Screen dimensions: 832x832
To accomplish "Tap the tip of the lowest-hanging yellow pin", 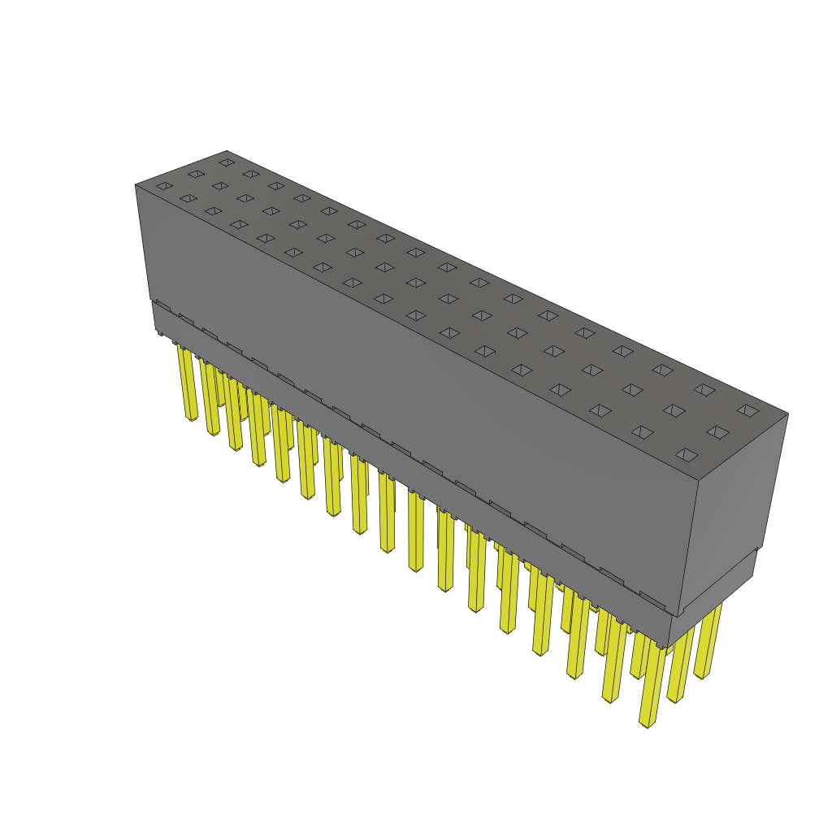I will tap(648, 721).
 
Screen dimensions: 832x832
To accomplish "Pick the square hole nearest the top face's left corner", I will tap(164, 186).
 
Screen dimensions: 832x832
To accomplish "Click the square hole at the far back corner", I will tap(226, 162).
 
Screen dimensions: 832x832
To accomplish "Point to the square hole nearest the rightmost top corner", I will tap(747, 410).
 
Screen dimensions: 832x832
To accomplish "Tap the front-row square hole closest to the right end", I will tap(687, 454).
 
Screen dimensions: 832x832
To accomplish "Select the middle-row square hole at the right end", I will tap(717, 431).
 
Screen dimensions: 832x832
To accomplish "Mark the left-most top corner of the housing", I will tap(136, 185).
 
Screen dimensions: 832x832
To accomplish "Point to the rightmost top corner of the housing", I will tap(787, 414).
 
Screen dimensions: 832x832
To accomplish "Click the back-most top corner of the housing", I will tap(227, 151).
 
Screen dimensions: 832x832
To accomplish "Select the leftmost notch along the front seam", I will tap(162, 305).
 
